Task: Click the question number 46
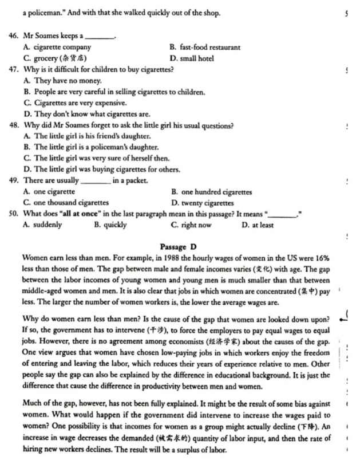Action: coord(14,36)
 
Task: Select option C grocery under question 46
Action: coord(55,58)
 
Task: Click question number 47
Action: coord(14,69)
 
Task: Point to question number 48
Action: coord(14,125)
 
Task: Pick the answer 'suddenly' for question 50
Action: coord(48,225)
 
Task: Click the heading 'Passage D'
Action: coord(181,247)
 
